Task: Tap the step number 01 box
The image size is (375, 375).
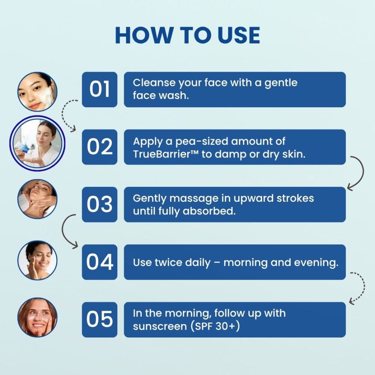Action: click(x=100, y=90)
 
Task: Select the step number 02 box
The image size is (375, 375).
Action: click(x=100, y=147)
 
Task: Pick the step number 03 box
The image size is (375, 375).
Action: click(x=100, y=204)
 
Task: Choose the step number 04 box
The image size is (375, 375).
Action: click(x=100, y=262)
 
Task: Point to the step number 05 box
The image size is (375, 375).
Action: click(x=100, y=319)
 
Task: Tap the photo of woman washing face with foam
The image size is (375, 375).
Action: click(x=37, y=92)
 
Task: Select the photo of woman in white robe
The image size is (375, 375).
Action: click(x=37, y=144)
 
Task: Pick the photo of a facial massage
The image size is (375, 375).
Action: click(x=37, y=199)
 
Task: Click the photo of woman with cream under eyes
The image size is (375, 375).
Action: click(x=37, y=317)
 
